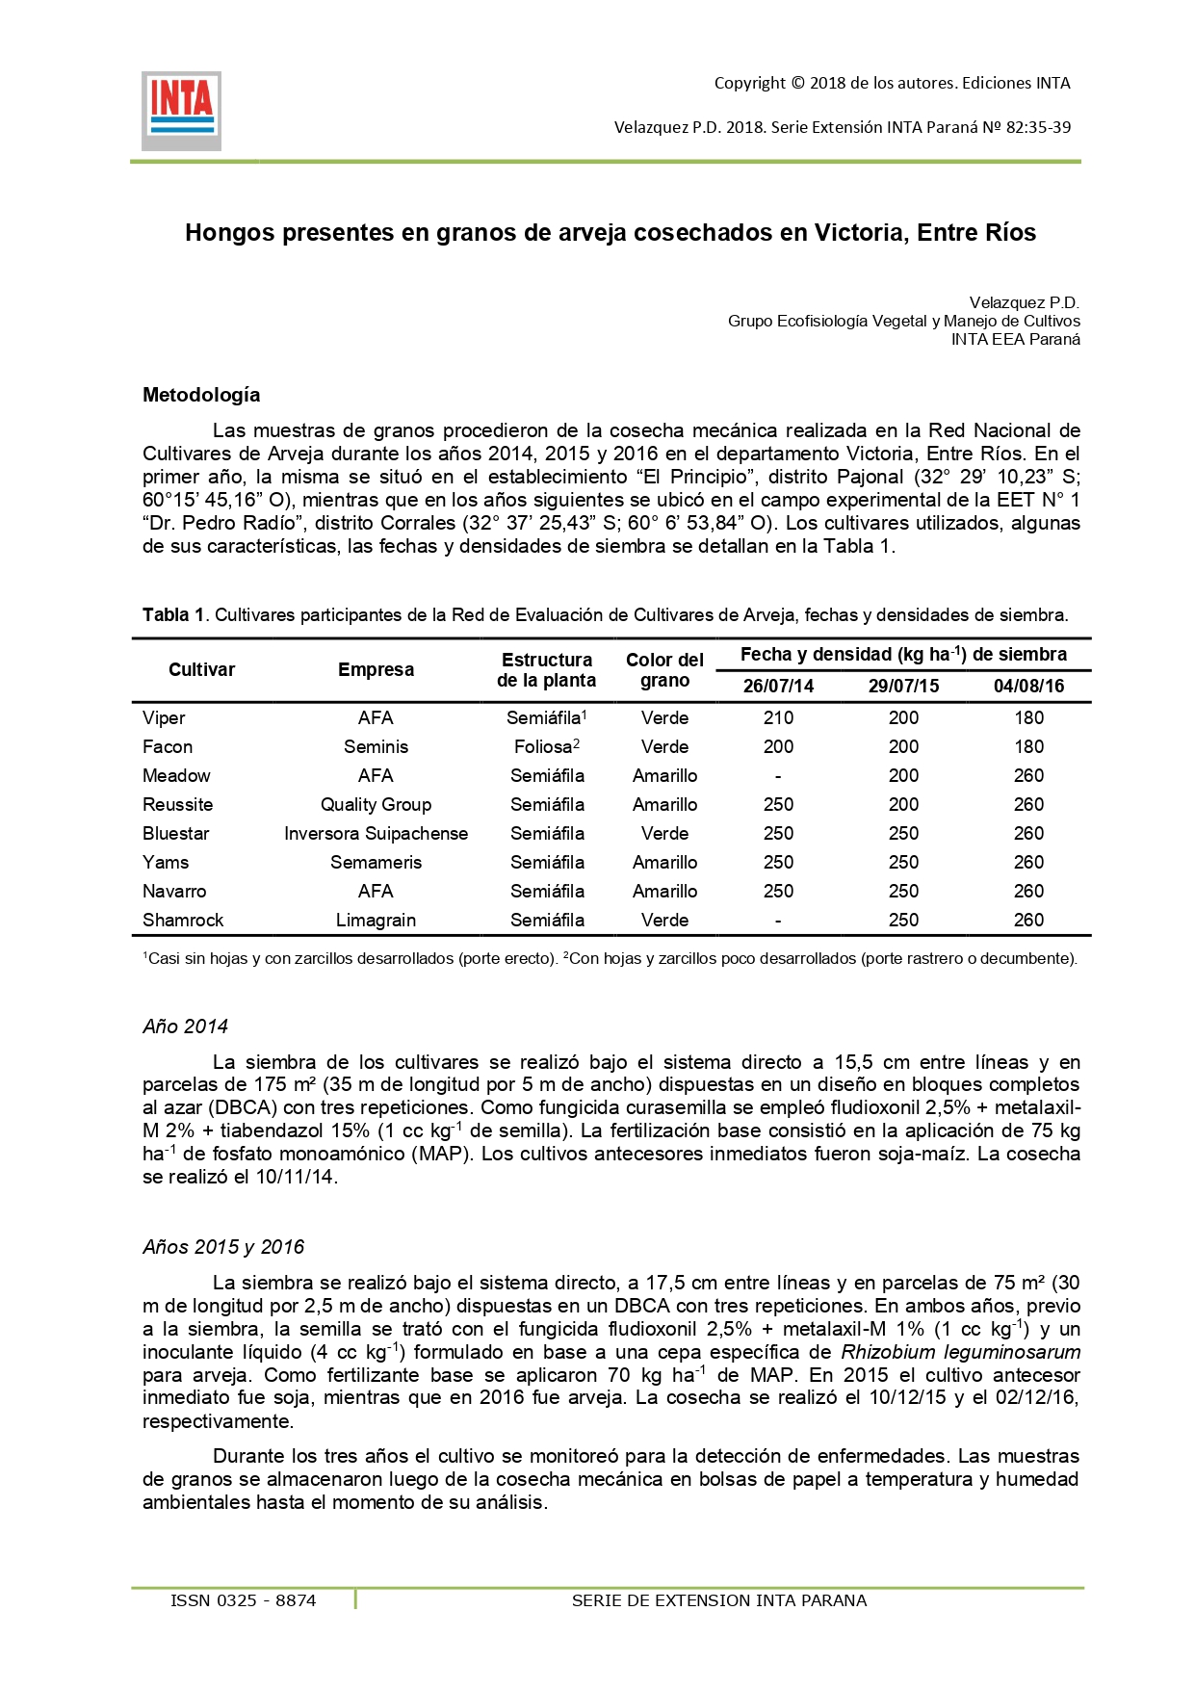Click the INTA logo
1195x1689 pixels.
(181, 111)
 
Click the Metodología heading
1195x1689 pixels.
(201, 395)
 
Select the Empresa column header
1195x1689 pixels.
(376, 669)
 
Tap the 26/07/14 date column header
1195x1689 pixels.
(778, 686)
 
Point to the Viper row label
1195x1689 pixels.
(164, 717)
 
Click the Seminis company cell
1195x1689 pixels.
(376, 746)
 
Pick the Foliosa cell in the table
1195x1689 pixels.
(546, 746)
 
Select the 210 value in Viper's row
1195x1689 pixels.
(778, 717)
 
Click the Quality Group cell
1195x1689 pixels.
(376, 804)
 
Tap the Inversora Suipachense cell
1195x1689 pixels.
(376, 833)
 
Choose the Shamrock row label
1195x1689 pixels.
(183, 920)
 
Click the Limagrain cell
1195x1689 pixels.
(376, 920)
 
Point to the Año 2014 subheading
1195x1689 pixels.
(185, 1026)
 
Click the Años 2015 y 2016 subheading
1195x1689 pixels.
(223, 1247)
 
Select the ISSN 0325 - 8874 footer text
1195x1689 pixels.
(243, 1600)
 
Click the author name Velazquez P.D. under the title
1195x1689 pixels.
(1024, 302)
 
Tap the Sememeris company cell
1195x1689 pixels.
(376, 862)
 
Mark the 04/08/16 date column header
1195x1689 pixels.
(1028, 686)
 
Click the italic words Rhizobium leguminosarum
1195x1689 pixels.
(960, 1352)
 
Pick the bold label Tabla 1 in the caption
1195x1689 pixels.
(173, 615)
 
